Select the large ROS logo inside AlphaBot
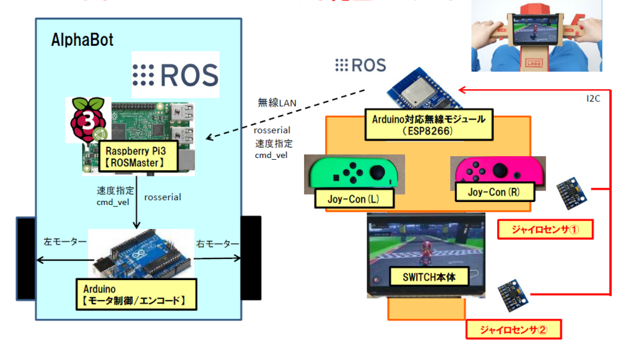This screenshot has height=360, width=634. pos(175,74)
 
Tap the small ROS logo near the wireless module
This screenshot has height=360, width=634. pos(360,65)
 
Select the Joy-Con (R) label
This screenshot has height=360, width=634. pos(493,192)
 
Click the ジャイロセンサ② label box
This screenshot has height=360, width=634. pos(513,329)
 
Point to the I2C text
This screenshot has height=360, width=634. pos(595,98)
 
